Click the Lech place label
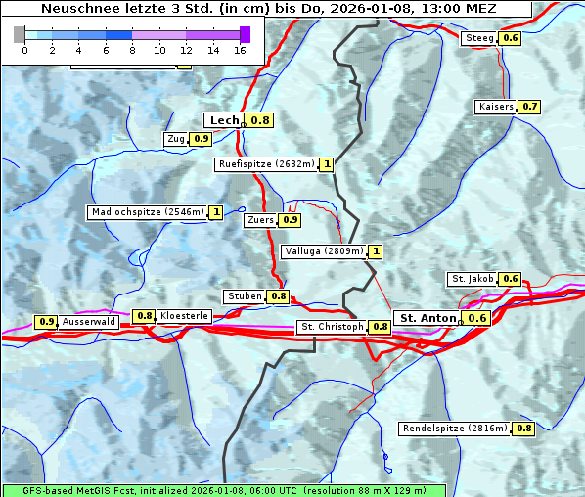tap(224, 120)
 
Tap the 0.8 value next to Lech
tap(259, 120)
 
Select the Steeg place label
tap(479, 38)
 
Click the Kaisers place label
tap(495, 106)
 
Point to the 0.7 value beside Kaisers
tap(529, 106)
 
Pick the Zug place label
tap(176, 139)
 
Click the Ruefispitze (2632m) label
tap(266, 164)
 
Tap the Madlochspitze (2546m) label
tap(147, 211)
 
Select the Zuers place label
tap(260, 220)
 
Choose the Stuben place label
tap(244, 296)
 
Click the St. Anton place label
tap(427, 318)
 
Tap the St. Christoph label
tap(332, 326)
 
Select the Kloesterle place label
tap(184, 316)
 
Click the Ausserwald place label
tap(89, 321)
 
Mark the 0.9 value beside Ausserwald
tap(46, 321)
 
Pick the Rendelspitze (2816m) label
tap(456, 429)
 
